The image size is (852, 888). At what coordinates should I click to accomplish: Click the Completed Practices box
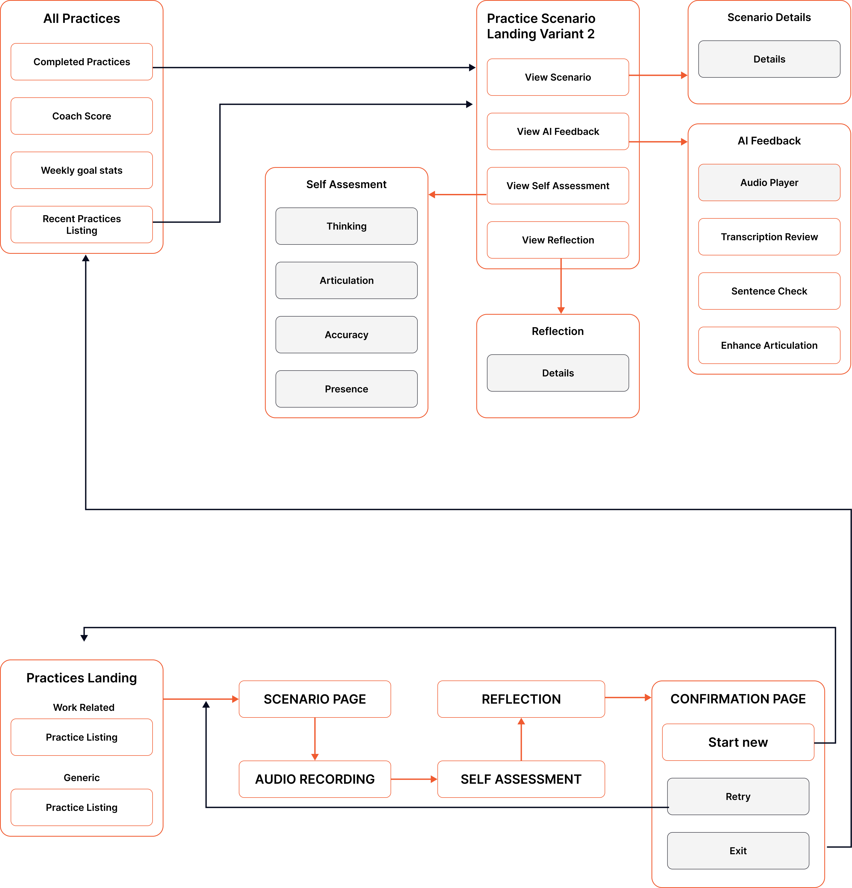click(x=82, y=62)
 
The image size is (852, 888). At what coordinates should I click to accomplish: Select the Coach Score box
click(x=82, y=116)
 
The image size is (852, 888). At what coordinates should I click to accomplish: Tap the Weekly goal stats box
click(x=82, y=170)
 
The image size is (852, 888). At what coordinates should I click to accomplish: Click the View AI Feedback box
click(x=558, y=131)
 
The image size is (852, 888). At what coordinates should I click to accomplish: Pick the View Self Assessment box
click(x=558, y=186)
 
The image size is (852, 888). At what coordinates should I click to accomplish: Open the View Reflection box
click(x=558, y=240)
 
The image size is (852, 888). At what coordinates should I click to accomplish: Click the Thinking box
click(x=346, y=226)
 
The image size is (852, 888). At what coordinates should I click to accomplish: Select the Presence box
click(x=346, y=389)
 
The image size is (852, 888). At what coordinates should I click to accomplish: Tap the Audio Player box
click(x=769, y=182)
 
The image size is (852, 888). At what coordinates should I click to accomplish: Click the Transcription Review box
click(x=769, y=237)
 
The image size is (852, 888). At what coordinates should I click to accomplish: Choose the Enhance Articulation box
click(x=769, y=345)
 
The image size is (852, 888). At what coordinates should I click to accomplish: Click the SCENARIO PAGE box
click(x=315, y=699)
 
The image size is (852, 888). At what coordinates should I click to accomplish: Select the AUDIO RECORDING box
click(x=315, y=779)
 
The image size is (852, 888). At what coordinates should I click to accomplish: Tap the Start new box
click(x=738, y=742)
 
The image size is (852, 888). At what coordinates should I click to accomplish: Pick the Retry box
click(x=738, y=796)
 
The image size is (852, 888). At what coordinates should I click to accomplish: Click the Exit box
click(x=738, y=851)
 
